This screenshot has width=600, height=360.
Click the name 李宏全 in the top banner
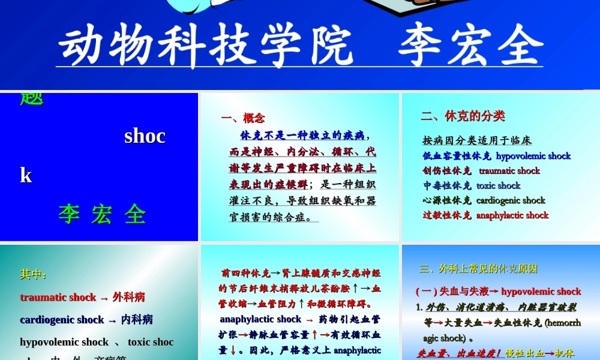coord(470,46)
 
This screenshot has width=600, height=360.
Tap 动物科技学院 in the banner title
coord(205,46)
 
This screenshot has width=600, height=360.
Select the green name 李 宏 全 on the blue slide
coord(102,215)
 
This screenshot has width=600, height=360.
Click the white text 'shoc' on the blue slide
coord(145,136)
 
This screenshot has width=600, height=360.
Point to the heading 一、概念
coord(242,118)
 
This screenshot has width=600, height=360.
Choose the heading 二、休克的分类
coord(463,116)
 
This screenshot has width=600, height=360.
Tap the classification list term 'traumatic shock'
coord(509,171)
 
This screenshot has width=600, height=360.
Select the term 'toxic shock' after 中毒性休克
coord(498,186)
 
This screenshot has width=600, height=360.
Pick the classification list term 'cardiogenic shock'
coord(511,200)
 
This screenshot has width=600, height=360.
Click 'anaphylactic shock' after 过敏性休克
coord(512,215)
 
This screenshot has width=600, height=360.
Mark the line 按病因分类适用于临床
coord(477,141)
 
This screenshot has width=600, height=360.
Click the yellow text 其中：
coord(34,275)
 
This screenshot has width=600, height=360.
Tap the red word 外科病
coord(128,297)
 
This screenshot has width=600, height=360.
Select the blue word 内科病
coord(137,320)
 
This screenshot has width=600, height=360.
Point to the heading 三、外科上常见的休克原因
coord(478,269)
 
